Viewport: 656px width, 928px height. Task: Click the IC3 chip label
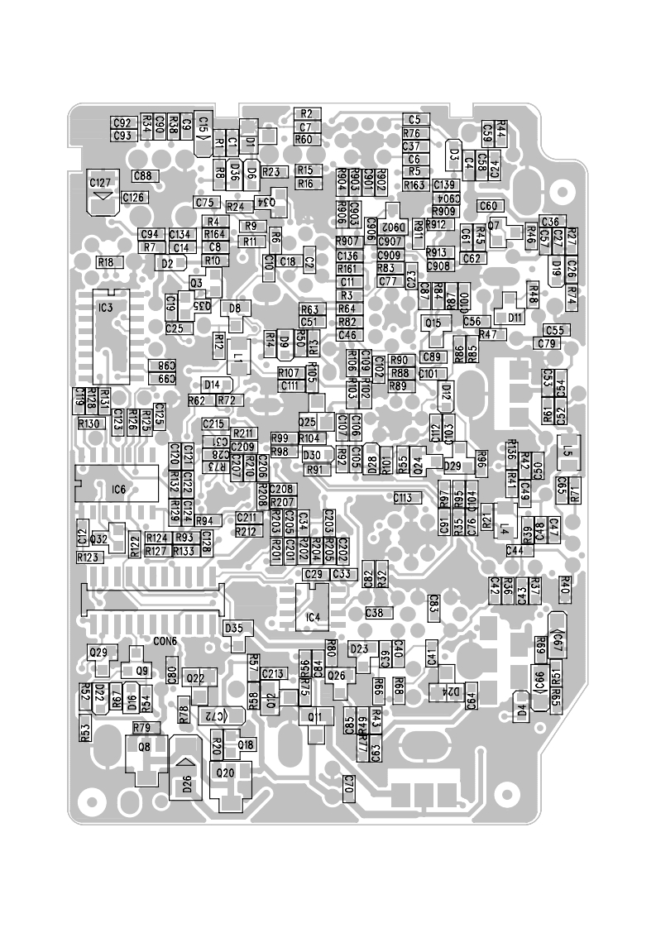(105, 308)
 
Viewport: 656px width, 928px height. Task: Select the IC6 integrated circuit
(117, 490)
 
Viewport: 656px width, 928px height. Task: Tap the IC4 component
(312, 617)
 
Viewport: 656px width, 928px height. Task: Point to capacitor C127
(101, 183)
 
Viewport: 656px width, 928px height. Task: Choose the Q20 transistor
(224, 773)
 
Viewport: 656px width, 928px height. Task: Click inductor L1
(237, 357)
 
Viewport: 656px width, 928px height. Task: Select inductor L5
(567, 452)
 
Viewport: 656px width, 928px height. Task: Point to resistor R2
(306, 113)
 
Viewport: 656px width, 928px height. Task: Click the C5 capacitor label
(414, 120)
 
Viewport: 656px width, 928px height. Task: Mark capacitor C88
(142, 176)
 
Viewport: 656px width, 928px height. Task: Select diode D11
(515, 317)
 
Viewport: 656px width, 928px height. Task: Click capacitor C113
(403, 498)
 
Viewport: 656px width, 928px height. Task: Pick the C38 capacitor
(374, 613)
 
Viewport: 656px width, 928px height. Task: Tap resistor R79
(141, 728)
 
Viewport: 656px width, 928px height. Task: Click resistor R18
(106, 262)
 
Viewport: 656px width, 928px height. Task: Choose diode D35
(234, 628)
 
